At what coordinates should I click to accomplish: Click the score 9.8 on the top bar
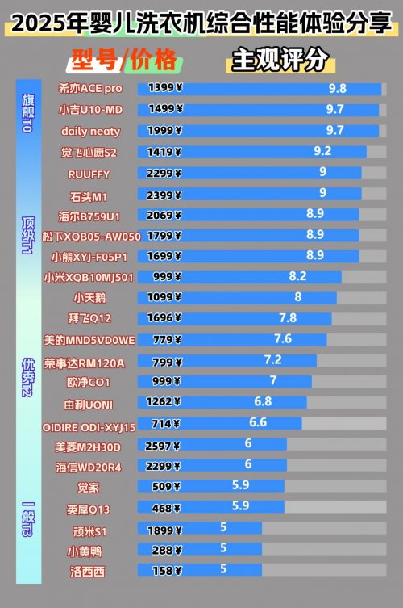pyautogui.click(x=337, y=88)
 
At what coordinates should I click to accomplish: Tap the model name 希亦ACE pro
pyautogui.click(x=90, y=88)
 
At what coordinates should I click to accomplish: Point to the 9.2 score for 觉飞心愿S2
pyautogui.click(x=322, y=151)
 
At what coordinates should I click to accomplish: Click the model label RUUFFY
pyautogui.click(x=89, y=174)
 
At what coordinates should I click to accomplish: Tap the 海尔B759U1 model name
pyautogui.click(x=89, y=216)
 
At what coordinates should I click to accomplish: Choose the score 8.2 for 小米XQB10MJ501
pyautogui.click(x=297, y=276)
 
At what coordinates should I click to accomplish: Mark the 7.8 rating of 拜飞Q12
pyautogui.click(x=288, y=318)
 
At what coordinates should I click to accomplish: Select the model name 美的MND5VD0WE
pyautogui.click(x=90, y=339)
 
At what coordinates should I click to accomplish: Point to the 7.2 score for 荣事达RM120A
pyautogui.click(x=273, y=359)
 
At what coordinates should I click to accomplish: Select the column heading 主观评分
pyautogui.click(x=280, y=60)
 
